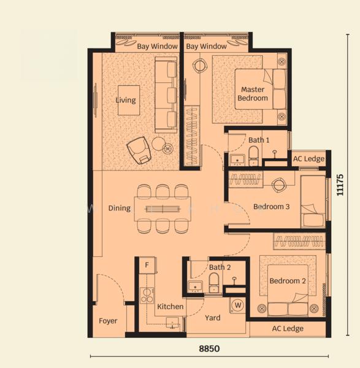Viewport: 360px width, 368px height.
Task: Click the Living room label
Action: point(126,100)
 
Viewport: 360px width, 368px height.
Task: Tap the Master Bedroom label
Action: point(253,94)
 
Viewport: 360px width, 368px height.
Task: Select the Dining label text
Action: point(120,208)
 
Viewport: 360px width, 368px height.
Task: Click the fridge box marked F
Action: point(147,265)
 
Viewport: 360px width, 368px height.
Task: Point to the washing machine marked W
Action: point(238,305)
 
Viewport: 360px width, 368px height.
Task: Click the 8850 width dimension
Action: point(209,349)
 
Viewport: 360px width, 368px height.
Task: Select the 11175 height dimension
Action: point(340,185)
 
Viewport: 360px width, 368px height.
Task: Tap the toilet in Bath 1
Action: point(253,156)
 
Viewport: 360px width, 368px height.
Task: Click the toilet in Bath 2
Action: point(214,282)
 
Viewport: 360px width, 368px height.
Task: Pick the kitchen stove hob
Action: point(147,296)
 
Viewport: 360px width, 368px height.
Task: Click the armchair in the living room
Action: point(139,150)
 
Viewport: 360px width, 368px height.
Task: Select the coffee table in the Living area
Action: point(129,100)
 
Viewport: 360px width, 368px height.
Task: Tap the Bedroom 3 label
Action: point(271,207)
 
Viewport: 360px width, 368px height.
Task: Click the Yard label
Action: point(213,318)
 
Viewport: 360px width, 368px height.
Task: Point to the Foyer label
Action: point(108,321)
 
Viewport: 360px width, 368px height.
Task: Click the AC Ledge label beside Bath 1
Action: point(308,159)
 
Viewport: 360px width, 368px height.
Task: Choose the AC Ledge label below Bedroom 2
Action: point(288,329)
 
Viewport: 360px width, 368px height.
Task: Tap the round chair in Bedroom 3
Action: point(279,185)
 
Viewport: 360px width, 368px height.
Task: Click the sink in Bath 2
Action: point(195,287)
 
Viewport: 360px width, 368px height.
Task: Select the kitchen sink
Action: point(172,323)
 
